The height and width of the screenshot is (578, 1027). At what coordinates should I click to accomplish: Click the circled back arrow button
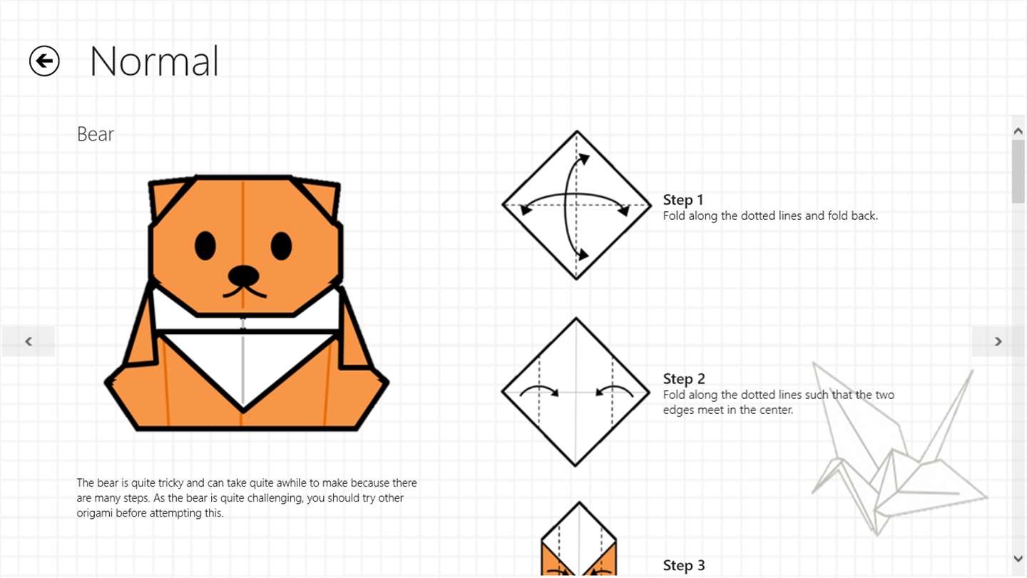coord(44,61)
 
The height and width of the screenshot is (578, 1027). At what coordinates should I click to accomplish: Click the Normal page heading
coord(154,61)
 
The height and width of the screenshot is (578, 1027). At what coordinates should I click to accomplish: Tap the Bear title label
coord(96,134)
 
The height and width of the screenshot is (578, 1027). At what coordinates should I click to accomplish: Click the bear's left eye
coord(205,246)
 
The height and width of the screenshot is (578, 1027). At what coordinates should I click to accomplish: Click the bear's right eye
coord(281,246)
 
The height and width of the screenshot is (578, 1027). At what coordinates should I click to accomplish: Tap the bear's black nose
coord(243,275)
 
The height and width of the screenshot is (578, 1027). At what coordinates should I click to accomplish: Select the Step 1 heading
coord(683,200)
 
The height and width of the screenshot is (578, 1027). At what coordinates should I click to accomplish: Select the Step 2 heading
coord(683,379)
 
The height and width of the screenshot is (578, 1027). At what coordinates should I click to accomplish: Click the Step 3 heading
coord(683,566)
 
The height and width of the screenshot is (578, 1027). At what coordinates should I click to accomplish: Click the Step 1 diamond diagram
coord(576,205)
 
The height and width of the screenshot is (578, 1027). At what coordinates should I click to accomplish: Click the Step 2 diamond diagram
coord(576,392)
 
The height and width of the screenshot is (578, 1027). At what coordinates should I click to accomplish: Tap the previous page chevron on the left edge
coord(29,341)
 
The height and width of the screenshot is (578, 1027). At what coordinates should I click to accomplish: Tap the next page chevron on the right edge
coord(998,341)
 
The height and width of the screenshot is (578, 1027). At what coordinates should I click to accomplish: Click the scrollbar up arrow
coord(1018,131)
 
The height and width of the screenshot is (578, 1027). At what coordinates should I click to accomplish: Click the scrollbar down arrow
coord(1018,559)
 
